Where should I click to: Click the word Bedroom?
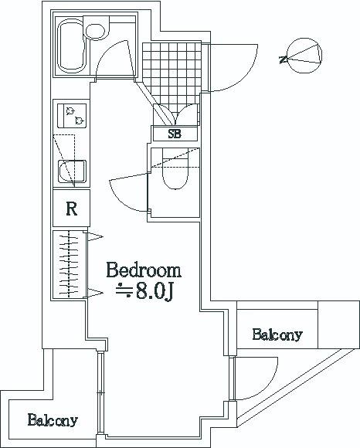point(144,270)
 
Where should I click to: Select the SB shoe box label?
point(175,134)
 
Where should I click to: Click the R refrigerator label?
point(71,209)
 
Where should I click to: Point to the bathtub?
point(72,45)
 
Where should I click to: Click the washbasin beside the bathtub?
point(95,32)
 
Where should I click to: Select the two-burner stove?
point(72,115)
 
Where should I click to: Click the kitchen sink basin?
point(72,171)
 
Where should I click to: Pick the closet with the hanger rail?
point(70,264)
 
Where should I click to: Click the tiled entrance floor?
point(172,76)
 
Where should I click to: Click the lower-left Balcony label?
point(53,420)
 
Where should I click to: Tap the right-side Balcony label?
point(277,334)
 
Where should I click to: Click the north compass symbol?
point(304,56)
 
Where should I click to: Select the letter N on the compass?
point(284,59)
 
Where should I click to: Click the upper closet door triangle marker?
point(94,236)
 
